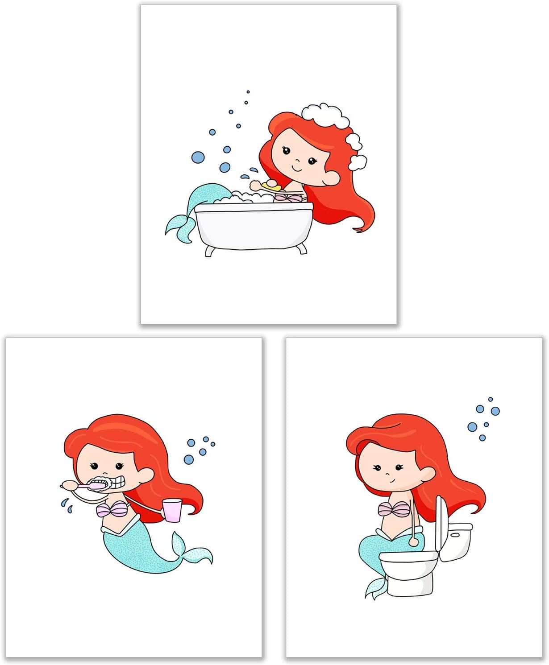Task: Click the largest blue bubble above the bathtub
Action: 198,157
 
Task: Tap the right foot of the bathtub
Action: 302,248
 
